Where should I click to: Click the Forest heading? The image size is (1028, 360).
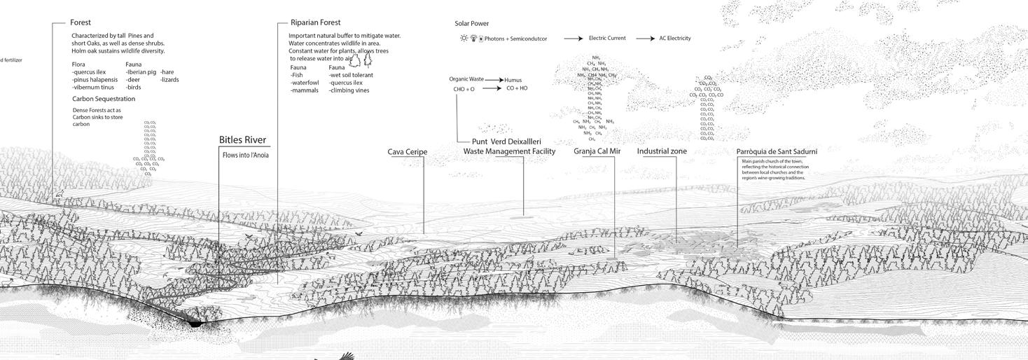pos(81,22)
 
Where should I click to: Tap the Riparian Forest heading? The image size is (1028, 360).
pos(315,22)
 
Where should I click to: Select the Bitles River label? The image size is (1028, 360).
pos(242,140)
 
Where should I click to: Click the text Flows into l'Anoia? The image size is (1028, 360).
pos(245,155)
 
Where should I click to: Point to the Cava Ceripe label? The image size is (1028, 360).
pos(407,152)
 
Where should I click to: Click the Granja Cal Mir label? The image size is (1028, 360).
pos(597,151)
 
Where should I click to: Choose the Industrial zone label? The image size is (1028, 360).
pos(662,151)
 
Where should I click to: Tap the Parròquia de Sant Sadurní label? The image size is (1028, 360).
pos(777,151)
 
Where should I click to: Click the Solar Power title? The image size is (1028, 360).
pos(471,24)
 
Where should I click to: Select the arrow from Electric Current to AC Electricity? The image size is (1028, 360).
pos(646,39)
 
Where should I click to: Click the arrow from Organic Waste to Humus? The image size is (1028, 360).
pos(494,80)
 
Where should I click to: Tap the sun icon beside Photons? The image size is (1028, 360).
pos(464,39)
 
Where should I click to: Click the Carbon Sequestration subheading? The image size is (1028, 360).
pos(104,99)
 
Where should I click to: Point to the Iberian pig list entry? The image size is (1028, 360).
pos(141,72)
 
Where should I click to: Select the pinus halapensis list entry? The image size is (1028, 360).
pos(95,80)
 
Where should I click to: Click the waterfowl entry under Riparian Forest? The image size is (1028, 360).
pos(305,83)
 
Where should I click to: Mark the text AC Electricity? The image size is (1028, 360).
pos(674,39)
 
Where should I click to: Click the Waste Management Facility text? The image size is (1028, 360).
pos(509,151)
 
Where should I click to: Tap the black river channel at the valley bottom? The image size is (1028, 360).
pos(195,323)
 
